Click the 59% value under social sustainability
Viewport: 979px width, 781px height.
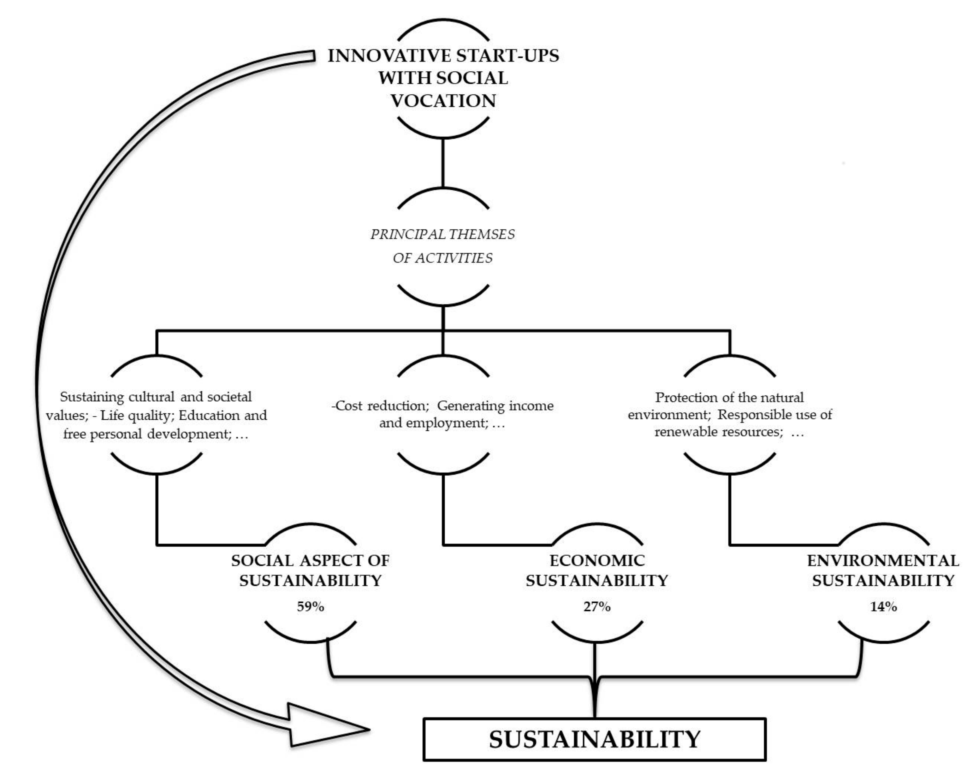tap(310, 606)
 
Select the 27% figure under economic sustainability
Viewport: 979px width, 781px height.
tap(597, 606)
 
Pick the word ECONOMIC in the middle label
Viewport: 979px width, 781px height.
tap(597, 560)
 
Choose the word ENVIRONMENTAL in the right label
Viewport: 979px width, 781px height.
tap(883, 560)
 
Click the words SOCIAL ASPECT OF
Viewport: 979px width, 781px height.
tap(310, 560)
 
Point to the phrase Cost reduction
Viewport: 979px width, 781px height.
tap(382, 405)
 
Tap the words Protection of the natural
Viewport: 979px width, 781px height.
tap(729, 397)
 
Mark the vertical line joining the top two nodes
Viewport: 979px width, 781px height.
tap(443, 163)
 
